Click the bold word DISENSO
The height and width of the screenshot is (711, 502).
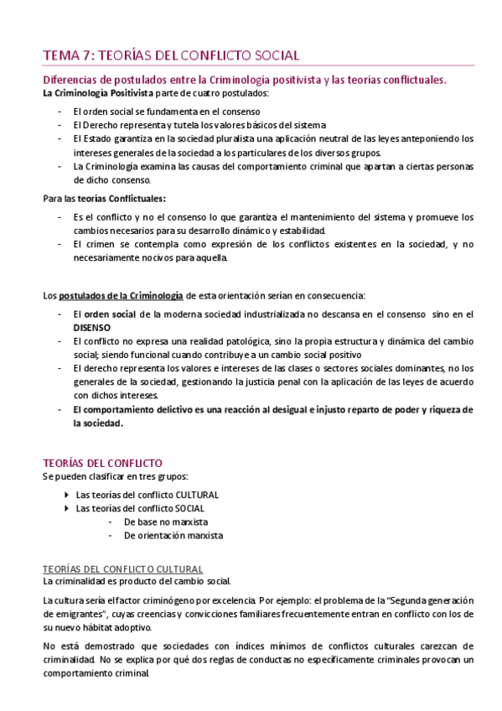[92, 327]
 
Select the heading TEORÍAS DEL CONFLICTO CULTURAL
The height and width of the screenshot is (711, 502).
[122, 568]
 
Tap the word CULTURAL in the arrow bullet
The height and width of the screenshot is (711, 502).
[195, 495]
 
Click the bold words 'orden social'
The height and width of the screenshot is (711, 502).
[111, 314]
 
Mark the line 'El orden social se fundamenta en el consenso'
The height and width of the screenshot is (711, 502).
[166, 112]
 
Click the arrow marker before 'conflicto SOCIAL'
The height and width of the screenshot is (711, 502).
[67, 508]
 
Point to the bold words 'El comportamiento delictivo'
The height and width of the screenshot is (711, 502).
[133, 409]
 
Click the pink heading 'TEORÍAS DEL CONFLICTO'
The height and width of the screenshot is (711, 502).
[102, 463]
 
